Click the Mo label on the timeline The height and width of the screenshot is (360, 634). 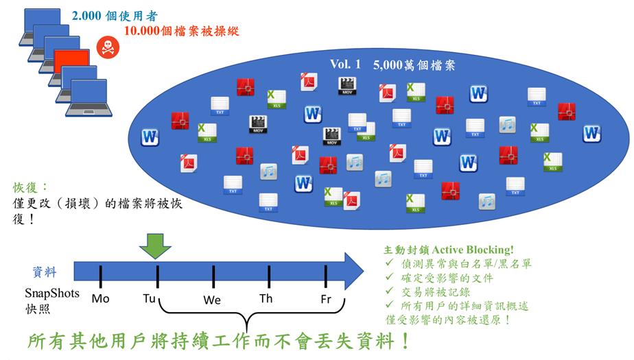[100, 298]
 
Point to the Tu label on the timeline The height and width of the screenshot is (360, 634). [150, 298]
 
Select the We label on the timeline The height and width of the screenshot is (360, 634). [212, 300]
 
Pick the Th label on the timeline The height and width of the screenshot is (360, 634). [266, 298]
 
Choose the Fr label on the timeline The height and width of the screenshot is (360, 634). [326, 299]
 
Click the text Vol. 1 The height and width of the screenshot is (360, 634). [344, 64]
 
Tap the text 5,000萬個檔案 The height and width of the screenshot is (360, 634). [414, 65]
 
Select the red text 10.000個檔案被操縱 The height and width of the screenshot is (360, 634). [182, 31]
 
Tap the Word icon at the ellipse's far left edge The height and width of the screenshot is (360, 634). [150, 137]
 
